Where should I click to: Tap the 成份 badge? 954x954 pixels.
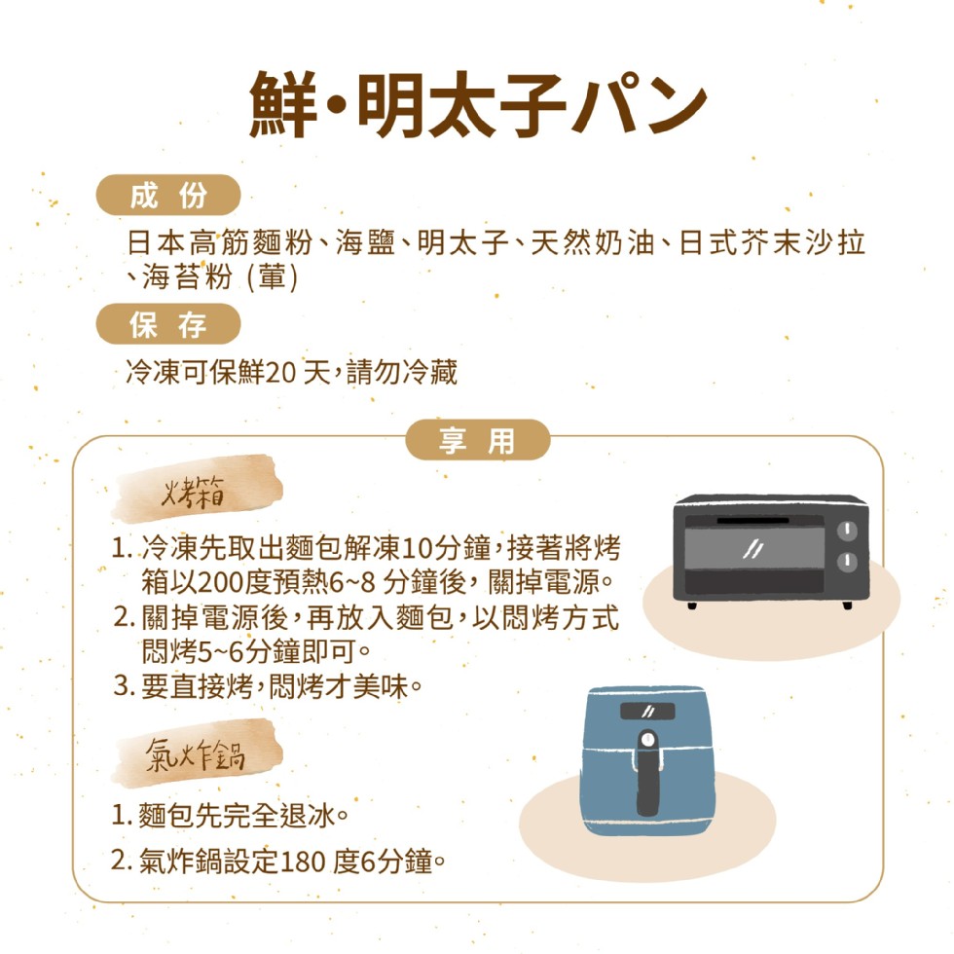coord(168,196)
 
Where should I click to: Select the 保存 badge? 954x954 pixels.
coord(168,324)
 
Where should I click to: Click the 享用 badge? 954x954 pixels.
coord(478,440)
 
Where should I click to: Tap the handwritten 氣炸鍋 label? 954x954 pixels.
coord(196,756)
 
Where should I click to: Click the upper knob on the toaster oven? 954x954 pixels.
coord(847,531)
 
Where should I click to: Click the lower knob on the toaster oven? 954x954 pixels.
coord(847,561)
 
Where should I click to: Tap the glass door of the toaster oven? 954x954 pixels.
coord(754,548)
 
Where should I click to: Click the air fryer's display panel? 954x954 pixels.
coord(647,712)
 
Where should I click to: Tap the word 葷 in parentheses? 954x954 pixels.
coord(272,276)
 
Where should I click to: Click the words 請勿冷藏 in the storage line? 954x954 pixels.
coord(401,372)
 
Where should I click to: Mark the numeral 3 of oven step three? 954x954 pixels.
coord(122,686)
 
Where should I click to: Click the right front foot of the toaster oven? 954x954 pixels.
coord(847,605)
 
